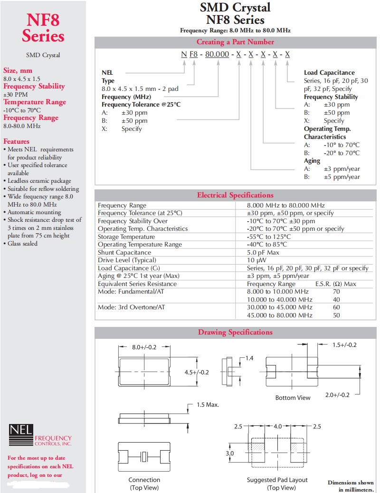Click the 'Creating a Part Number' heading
235,42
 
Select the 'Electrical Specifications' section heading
235,195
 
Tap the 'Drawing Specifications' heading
235,332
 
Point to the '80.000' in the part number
216,54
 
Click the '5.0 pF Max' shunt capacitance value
263,252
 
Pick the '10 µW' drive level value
256,260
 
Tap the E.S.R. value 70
336,292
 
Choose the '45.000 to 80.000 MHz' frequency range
280,315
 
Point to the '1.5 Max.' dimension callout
208,404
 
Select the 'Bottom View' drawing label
293,397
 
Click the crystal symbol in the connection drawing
145,457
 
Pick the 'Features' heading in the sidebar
16,141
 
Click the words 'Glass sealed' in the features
22,243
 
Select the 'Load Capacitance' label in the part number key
329,72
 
